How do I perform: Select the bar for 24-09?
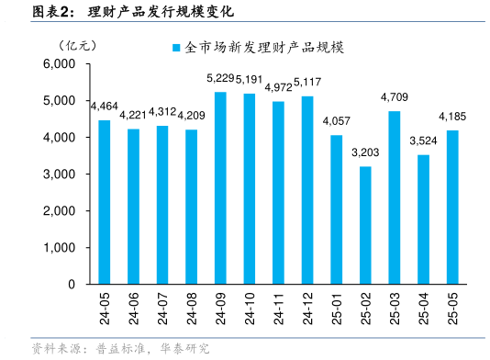pos(220,188)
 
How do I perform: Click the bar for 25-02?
pos(365,225)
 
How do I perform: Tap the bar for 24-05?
pos(104,202)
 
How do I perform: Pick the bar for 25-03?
pos(395,197)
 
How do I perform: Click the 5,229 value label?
pos(221,79)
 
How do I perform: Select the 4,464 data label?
pos(104,107)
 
